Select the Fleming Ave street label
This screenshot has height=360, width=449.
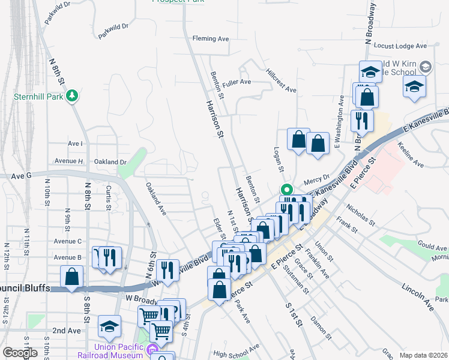211,39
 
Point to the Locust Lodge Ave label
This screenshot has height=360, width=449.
400,46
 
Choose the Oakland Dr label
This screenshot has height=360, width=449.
110,161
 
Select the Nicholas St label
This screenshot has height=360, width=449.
360,214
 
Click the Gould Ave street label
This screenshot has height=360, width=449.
432,246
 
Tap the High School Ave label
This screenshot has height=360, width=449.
236,352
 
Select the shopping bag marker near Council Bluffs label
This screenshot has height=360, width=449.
72,277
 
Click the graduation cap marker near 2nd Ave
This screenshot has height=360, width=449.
109,326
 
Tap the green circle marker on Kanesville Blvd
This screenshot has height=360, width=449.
287,188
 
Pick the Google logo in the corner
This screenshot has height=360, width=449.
20,353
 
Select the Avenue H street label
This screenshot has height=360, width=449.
68,161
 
